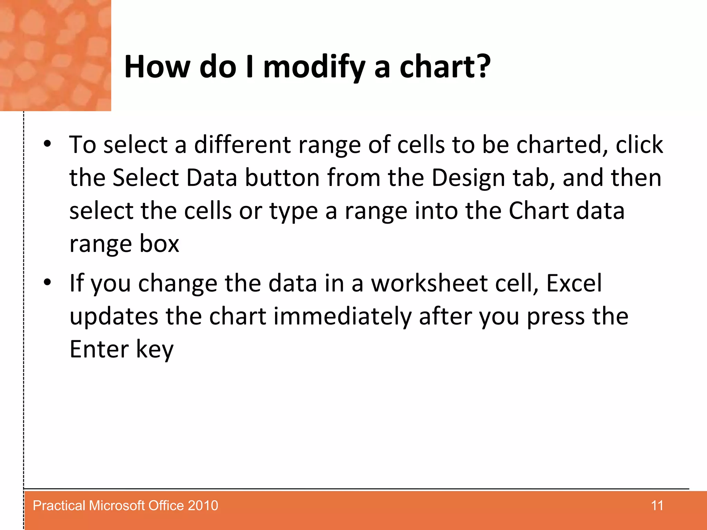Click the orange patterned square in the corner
pos(55,55)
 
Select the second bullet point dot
pos(47,282)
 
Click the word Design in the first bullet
pos(468,178)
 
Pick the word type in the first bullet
pos(293,211)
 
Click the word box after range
pos(159,244)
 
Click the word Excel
pos(574,283)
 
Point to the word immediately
pos(342,316)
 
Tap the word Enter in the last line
pos(99,349)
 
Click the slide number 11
pos(657,506)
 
